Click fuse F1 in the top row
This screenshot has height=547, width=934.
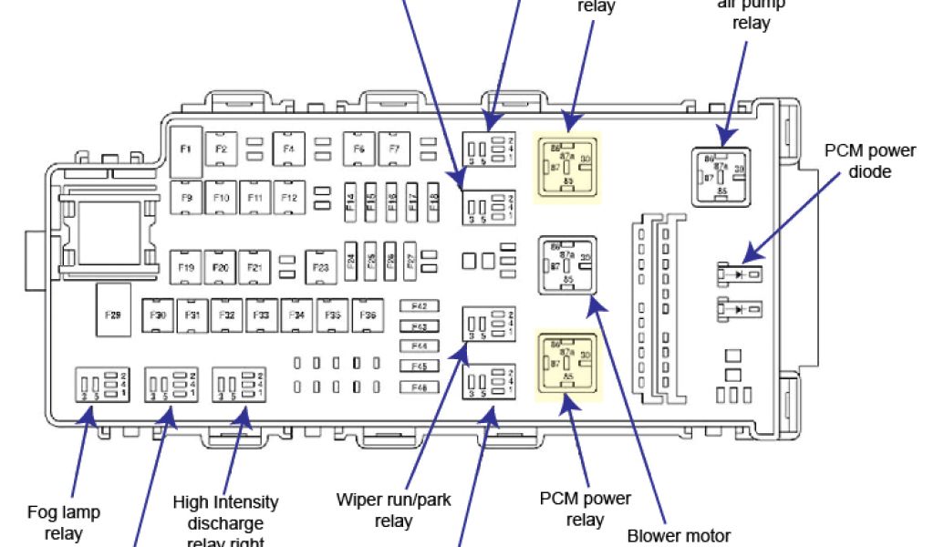coord(186,150)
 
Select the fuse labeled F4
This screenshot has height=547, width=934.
coord(288,149)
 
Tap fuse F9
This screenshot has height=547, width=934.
coord(187,197)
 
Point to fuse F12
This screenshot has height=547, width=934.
coord(289,197)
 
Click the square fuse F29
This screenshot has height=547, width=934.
coord(113,315)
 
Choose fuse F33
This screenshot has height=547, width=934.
coord(261,315)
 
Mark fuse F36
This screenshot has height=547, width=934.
coord(368,315)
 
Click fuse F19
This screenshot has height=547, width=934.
coord(186,267)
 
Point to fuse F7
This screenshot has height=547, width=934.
coord(394,149)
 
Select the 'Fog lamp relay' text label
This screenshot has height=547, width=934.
coord(63,522)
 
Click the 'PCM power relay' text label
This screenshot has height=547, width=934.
coord(585,509)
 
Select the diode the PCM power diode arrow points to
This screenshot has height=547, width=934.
coord(740,272)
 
